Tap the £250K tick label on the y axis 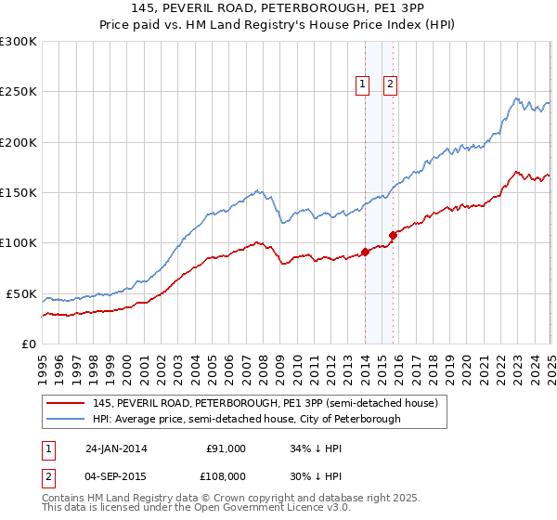pos(19,92)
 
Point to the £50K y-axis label pos(22,293)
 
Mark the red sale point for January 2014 pos(365,251)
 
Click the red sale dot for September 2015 pos(393,234)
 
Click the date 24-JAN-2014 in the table pos(116,449)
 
